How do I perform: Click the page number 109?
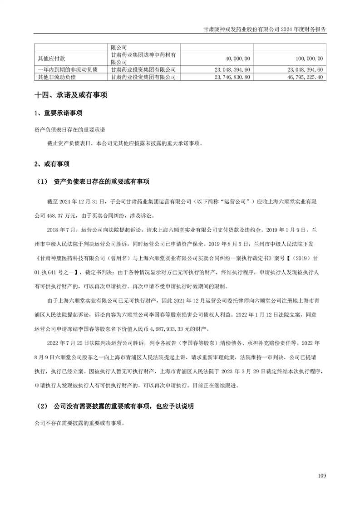(x=322, y=476)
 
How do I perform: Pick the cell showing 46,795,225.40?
(x=301, y=78)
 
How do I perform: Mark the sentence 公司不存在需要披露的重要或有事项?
(x=78, y=423)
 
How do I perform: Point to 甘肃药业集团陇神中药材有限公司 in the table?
(x=143, y=59)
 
